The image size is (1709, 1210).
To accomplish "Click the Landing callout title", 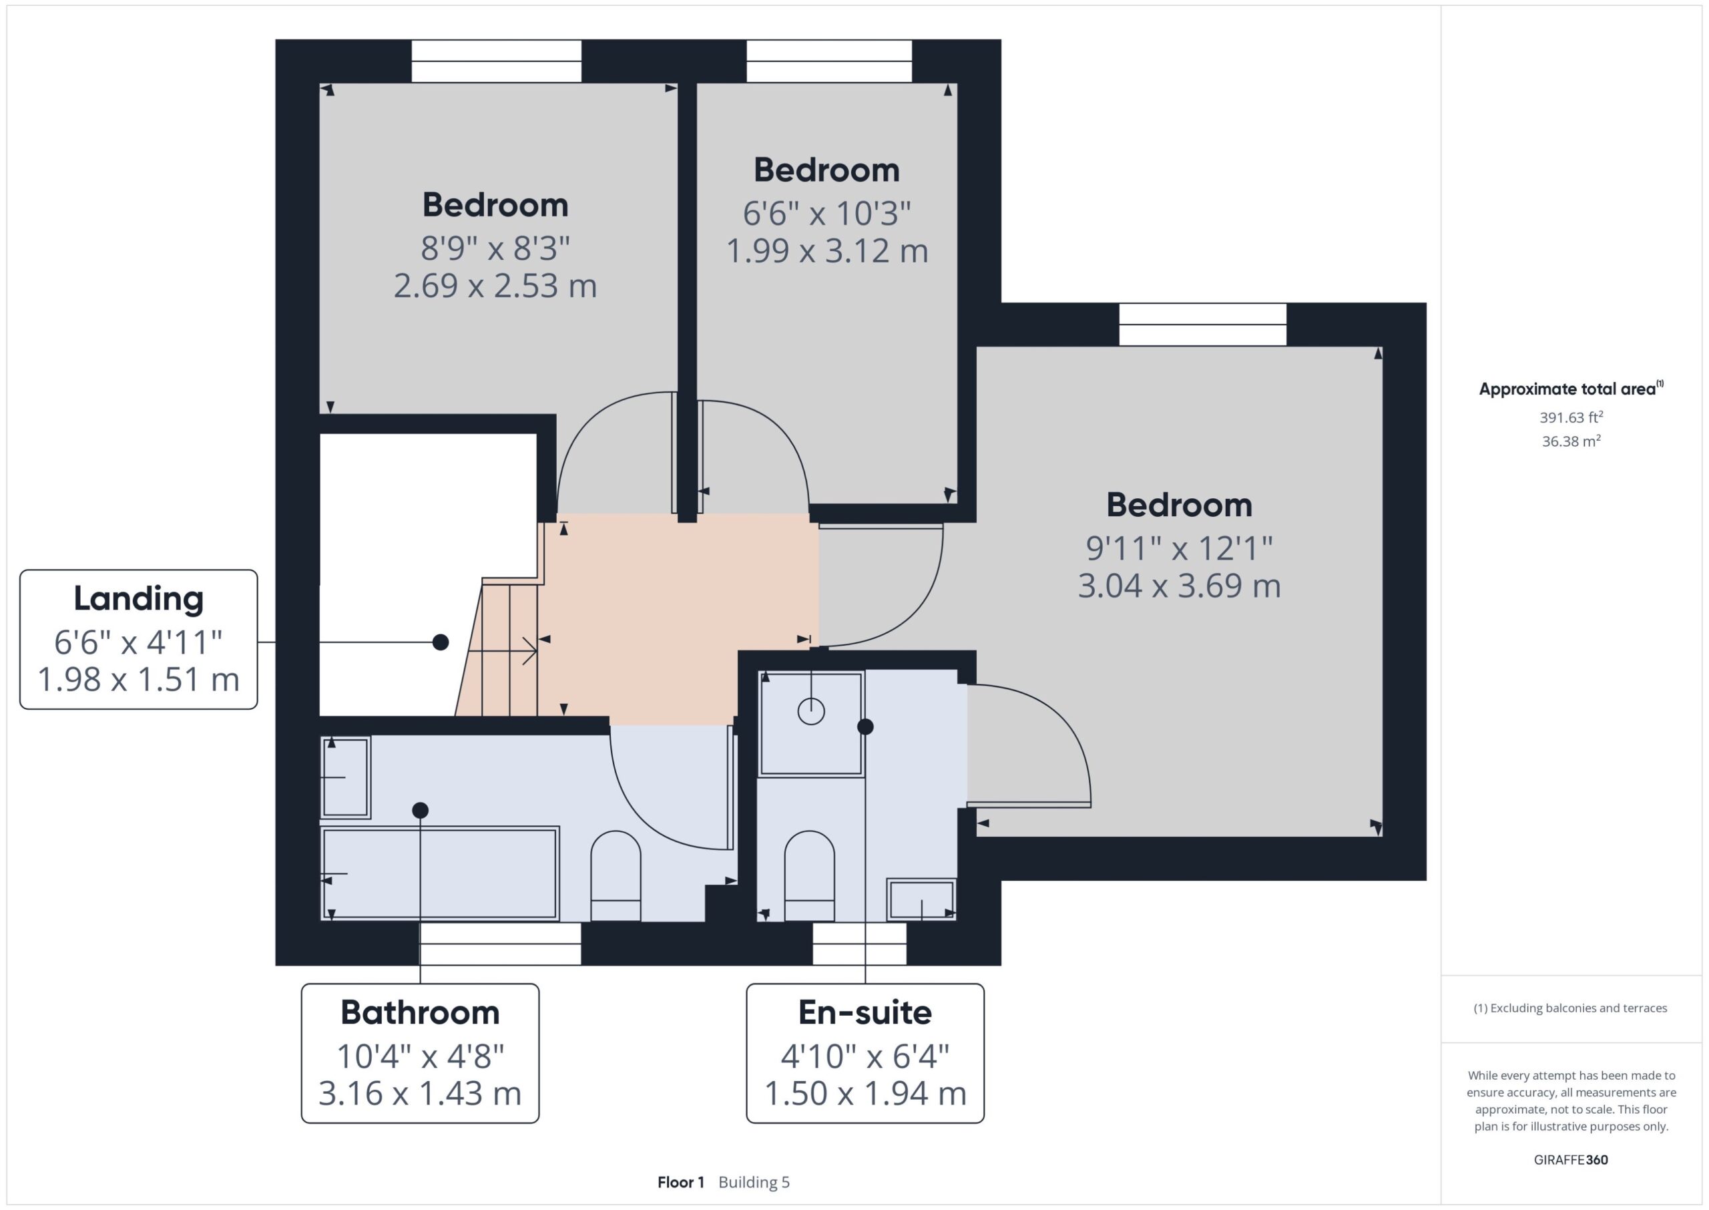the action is coord(138,599).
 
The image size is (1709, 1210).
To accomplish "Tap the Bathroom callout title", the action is coord(420,1012).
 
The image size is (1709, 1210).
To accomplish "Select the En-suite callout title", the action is coord(865,1012).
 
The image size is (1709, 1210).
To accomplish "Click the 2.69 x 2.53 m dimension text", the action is coord(495,286).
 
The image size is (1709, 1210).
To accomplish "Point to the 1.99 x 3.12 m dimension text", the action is coord(827,250).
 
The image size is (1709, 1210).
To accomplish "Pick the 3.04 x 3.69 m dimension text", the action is coord(1180,586).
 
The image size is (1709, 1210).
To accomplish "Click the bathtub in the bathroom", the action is coord(439,873).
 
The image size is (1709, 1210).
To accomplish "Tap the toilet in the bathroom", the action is coord(616,876).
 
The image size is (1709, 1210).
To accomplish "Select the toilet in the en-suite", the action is coord(810,876).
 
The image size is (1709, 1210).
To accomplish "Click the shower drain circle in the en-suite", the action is coord(811,711).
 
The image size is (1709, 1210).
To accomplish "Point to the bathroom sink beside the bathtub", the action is coord(346,777).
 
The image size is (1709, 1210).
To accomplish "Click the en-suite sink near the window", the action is coord(921,899).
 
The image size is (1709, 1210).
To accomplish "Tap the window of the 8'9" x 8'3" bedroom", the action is coord(497,61).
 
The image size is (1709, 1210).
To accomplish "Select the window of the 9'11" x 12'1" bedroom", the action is coord(1202,324).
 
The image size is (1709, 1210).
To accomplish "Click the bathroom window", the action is coord(501,944).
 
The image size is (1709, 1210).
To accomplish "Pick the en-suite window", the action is coord(859,944).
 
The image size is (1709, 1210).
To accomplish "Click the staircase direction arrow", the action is coord(503,650).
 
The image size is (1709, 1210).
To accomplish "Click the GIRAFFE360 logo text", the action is coord(1571,1160).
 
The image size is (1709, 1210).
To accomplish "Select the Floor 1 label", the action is coord(681,1183).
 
